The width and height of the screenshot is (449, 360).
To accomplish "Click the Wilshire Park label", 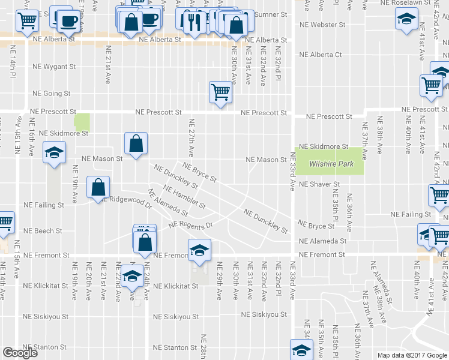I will point(330,164).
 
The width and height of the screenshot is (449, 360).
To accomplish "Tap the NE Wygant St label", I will point(54,67).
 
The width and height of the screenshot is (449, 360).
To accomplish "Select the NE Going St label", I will point(52,94).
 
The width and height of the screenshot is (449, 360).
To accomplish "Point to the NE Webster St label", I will point(322,25).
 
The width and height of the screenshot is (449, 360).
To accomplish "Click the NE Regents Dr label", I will point(191,225).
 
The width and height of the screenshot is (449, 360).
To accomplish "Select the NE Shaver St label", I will point(319,184).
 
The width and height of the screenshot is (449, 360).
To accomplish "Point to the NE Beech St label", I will point(43,230).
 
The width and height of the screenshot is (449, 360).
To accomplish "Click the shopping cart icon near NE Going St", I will point(220,92).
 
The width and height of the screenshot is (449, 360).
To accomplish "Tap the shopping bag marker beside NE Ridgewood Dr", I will point(98,187).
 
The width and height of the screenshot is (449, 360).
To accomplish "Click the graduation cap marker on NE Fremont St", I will point(200,250).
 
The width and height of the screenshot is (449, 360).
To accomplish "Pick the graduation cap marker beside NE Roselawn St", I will point(406,18).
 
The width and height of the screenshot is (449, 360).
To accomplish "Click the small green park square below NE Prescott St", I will point(81,122).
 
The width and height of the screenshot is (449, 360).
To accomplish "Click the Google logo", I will point(20,353).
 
